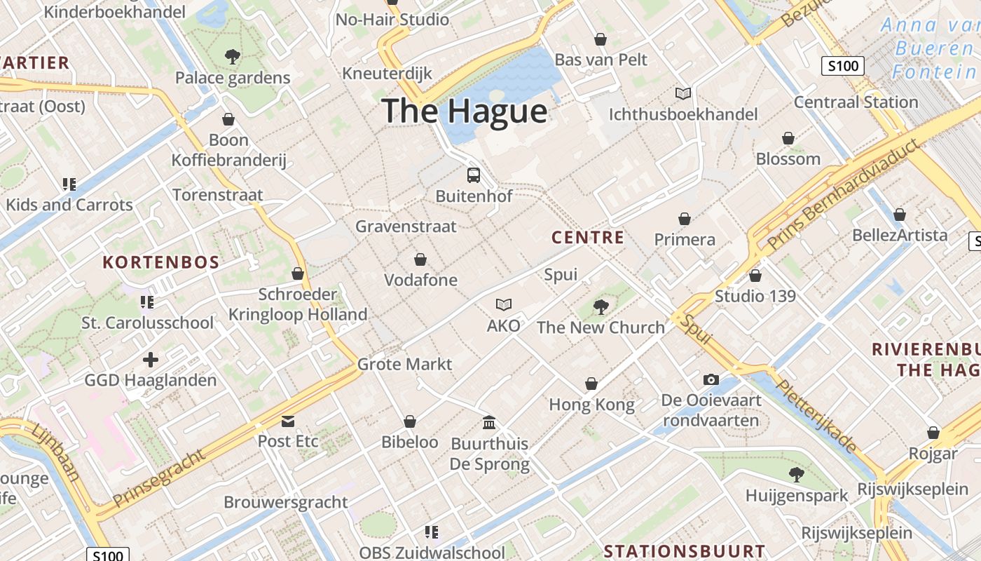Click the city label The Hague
(x=464, y=111)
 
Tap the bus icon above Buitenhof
(x=474, y=175)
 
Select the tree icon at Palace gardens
(x=232, y=57)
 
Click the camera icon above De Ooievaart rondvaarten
(x=711, y=379)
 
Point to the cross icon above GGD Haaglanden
(x=150, y=360)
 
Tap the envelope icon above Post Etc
(x=287, y=421)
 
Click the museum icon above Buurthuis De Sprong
(x=489, y=422)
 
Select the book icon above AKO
(x=503, y=304)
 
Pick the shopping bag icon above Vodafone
(x=420, y=259)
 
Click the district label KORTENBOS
(x=161, y=263)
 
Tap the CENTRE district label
(x=587, y=238)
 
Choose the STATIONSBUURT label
(x=685, y=550)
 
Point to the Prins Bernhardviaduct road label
(x=842, y=196)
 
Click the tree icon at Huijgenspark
(x=796, y=474)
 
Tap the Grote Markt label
(x=404, y=364)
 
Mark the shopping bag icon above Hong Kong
(x=591, y=384)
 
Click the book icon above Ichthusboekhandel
(x=682, y=93)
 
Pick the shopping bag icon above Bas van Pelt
(x=601, y=39)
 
